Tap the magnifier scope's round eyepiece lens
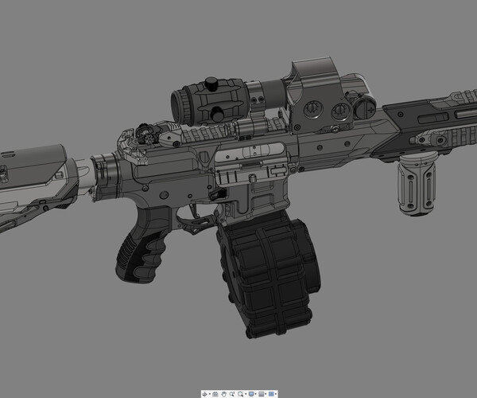coord(180,104)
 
